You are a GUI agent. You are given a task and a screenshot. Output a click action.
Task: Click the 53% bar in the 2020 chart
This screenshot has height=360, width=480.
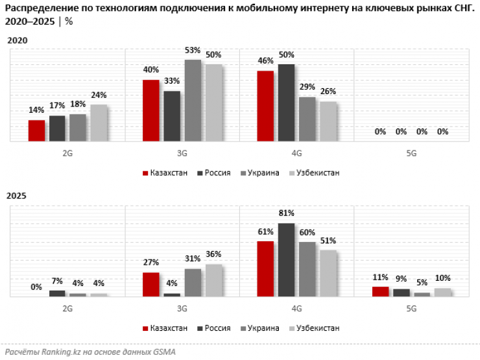(193, 100)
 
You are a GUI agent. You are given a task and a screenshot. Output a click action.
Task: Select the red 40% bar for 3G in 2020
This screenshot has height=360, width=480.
(151, 110)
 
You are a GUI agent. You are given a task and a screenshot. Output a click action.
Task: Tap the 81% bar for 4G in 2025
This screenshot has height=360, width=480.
(286, 259)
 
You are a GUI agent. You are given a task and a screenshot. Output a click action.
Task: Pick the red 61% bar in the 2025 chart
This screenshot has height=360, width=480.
(265, 269)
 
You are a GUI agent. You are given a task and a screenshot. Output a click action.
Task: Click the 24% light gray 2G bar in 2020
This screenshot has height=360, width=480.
(99, 123)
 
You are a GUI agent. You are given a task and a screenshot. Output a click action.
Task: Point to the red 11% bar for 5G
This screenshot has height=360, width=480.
(380, 291)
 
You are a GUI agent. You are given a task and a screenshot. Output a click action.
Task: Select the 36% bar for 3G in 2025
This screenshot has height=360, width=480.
(213, 280)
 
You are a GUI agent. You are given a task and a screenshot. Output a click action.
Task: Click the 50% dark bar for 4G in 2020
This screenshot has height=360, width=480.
(286, 102)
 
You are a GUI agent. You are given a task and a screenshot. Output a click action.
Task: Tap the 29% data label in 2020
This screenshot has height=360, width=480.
(307, 87)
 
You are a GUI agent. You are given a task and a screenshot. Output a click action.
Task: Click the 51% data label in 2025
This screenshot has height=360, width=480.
(328, 241)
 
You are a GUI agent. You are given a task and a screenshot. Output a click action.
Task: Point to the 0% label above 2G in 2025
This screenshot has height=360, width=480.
(36, 287)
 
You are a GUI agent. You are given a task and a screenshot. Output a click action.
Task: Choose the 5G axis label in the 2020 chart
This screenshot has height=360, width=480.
(411, 153)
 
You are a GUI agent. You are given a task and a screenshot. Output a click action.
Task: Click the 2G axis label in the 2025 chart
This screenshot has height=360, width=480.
(67, 309)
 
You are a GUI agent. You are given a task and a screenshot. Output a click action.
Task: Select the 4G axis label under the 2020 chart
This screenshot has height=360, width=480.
(296, 153)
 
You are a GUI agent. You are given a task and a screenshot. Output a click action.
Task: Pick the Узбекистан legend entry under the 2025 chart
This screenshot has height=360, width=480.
(317, 328)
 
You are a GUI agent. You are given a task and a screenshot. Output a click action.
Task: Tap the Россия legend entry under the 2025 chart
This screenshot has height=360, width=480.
(217, 328)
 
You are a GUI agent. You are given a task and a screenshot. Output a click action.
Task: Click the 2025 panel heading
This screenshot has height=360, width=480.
(18, 195)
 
